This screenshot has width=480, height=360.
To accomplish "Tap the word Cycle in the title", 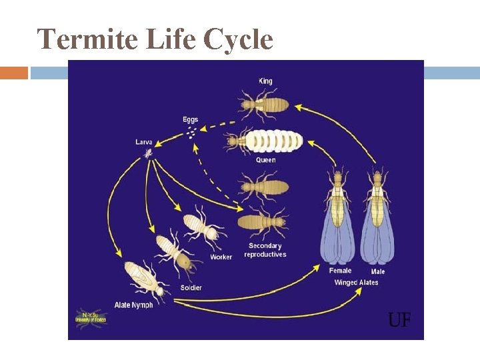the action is (x=238, y=40).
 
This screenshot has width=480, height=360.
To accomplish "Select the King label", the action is (x=265, y=81).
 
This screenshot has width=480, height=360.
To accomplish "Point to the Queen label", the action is (x=265, y=160).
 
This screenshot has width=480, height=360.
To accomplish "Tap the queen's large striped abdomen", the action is (x=277, y=141).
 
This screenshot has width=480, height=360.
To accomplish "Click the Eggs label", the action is (x=191, y=120).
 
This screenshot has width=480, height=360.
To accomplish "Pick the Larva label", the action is (x=144, y=142).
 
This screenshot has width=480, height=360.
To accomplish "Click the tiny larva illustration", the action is (x=147, y=153).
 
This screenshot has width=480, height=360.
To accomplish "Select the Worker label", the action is (x=221, y=257).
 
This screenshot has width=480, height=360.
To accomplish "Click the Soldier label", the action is (x=190, y=287).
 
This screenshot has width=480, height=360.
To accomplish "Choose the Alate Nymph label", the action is (x=133, y=305).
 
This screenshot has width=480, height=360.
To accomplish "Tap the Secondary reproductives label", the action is (x=265, y=250).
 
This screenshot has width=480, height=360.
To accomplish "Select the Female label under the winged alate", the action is (x=340, y=271).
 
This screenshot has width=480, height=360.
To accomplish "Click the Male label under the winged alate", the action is (x=378, y=271).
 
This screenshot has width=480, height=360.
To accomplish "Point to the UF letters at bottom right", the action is (x=399, y=321).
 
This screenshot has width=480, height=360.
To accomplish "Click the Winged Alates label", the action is (x=356, y=283).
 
